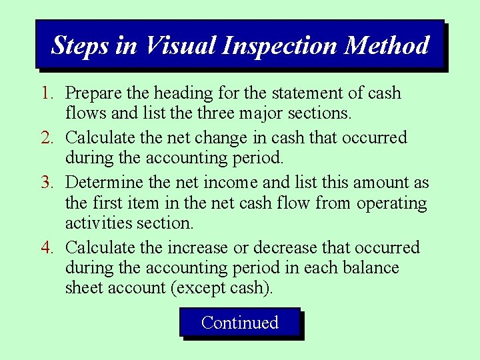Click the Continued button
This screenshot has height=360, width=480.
tap(239, 323)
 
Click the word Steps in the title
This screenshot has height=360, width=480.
tap(77, 45)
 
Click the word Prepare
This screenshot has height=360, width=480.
tap(93, 93)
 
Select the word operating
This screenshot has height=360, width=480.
tap(391, 203)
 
